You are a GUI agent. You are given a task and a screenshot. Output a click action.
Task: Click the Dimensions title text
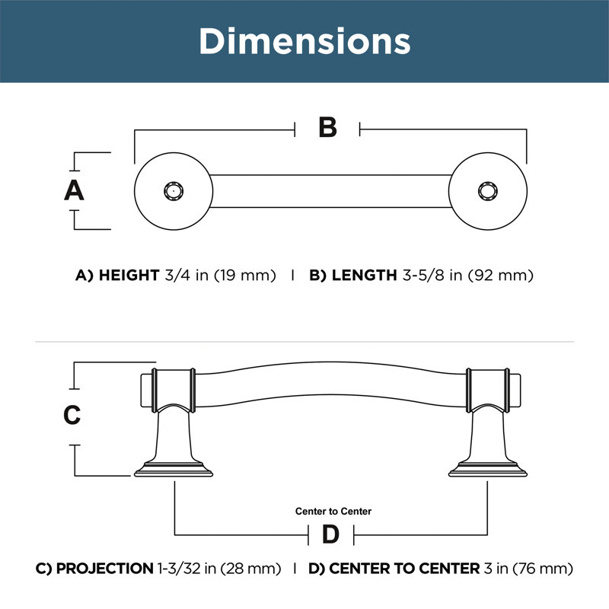pyautogui.click(x=305, y=41)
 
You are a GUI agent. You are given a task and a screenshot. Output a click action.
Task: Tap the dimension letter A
pyautogui.click(x=74, y=190)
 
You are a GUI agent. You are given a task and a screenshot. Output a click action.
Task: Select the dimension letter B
pyautogui.click(x=327, y=127)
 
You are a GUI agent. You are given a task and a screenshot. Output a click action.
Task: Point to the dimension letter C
pyautogui.click(x=72, y=415)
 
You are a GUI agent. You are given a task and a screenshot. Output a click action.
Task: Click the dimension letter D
pyautogui.click(x=330, y=534)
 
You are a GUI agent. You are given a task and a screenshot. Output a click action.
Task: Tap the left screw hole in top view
pyautogui.click(x=174, y=191)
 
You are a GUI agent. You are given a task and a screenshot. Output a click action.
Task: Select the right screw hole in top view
pyautogui.click(x=487, y=191)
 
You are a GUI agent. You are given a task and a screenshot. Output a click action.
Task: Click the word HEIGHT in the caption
pyautogui.click(x=129, y=275)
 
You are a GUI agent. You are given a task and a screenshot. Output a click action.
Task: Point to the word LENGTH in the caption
pyautogui.click(x=364, y=275)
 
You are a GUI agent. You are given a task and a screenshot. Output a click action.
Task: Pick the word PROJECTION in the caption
pyautogui.click(x=105, y=568)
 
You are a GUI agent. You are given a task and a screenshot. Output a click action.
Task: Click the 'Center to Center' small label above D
pyautogui.click(x=333, y=511)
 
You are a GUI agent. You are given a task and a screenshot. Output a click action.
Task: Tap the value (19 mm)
pyautogui.click(x=245, y=276)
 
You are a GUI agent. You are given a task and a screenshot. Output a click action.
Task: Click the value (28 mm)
pyautogui.click(x=250, y=569)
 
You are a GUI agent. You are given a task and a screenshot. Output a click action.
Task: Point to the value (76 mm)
pyautogui.click(x=543, y=569)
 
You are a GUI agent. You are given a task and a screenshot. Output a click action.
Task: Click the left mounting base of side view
pyautogui.click(x=174, y=469)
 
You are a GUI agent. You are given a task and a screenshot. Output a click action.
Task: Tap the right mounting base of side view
pyautogui.click(x=487, y=469)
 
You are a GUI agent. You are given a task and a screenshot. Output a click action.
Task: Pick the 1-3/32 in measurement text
pyautogui.click(x=187, y=569)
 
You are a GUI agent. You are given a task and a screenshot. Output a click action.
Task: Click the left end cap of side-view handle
pyautogui.click(x=146, y=391)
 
